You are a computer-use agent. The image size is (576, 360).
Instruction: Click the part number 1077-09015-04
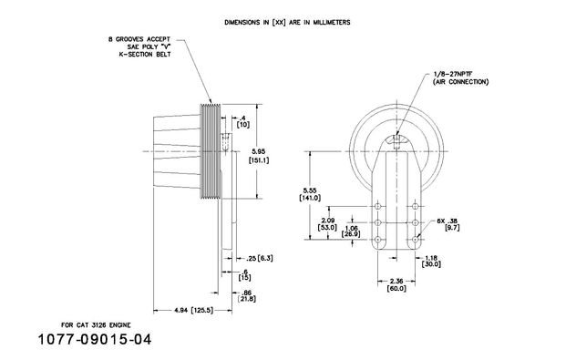coord(95,339)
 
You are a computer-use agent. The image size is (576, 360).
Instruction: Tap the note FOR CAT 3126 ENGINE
coord(96,325)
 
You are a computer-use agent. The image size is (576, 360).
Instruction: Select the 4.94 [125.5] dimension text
coord(193,311)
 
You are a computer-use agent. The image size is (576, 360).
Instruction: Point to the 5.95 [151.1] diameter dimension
coord(259,156)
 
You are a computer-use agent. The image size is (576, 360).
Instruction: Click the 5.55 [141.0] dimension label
coord(310,194)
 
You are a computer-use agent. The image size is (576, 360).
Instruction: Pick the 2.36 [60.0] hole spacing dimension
coord(396,285)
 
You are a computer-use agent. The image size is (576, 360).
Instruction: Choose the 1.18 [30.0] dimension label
coord(431,262)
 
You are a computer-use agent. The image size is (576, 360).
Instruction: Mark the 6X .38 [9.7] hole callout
coord(448,224)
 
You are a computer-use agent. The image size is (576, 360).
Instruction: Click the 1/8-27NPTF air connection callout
coord(460,78)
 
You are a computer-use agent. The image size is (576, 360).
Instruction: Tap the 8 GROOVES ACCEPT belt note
coord(139,46)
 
